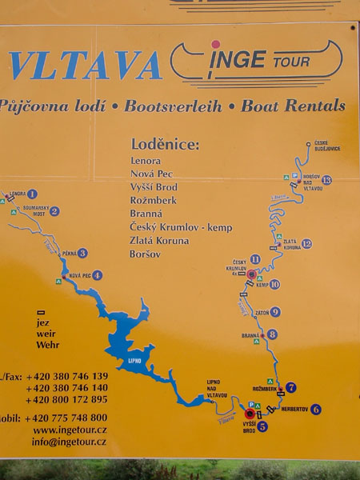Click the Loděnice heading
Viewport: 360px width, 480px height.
pyautogui.click(x=165, y=145)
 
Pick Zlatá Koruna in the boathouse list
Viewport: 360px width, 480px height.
pyautogui.click(x=159, y=241)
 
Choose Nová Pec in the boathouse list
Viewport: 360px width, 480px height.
pyautogui.click(x=151, y=174)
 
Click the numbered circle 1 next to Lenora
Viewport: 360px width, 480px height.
pyautogui.click(x=32, y=194)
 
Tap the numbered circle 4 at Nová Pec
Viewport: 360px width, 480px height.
pyautogui.click(x=98, y=275)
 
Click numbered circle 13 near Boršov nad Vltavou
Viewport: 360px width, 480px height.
pyautogui.click(x=326, y=180)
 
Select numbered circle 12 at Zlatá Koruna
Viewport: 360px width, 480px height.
pyautogui.click(x=306, y=243)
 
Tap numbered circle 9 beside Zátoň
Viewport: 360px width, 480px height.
pyautogui.click(x=274, y=312)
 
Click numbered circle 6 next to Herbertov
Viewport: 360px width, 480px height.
pyautogui.click(x=316, y=410)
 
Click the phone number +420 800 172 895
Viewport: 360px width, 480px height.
pyautogui.click(x=66, y=399)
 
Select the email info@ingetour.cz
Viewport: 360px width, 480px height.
pyautogui.click(x=69, y=441)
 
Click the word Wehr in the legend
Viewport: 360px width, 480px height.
pyautogui.click(x=48, y=345)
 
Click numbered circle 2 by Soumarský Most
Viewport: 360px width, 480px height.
pyautogui.click(x=54, y=211)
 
